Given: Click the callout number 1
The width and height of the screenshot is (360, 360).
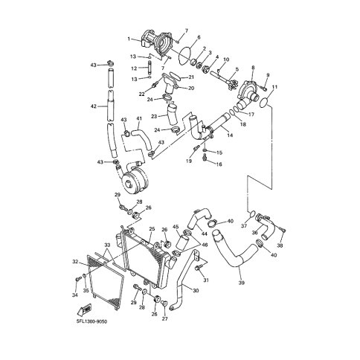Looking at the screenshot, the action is (129, 39).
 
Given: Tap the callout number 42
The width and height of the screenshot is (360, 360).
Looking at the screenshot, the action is (93, 106).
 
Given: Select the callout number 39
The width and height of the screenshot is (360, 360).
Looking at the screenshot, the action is (241, 283).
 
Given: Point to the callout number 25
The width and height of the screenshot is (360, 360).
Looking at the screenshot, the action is (152, 228).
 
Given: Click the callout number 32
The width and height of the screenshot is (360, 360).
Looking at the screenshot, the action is (75, 261).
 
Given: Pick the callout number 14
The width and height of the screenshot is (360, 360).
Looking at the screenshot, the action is (230, 135).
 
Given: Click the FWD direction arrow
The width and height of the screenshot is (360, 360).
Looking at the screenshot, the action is (85, 310).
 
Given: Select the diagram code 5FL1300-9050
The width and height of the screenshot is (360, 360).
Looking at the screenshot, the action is (91, 322).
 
